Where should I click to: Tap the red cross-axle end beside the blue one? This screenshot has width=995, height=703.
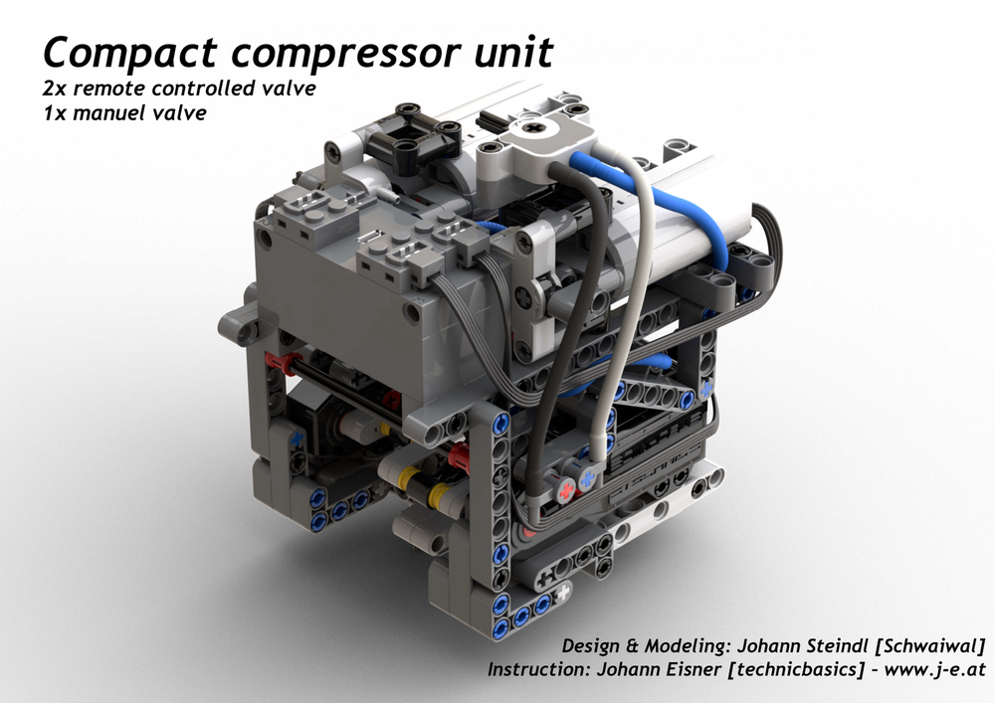coord(567,490)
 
